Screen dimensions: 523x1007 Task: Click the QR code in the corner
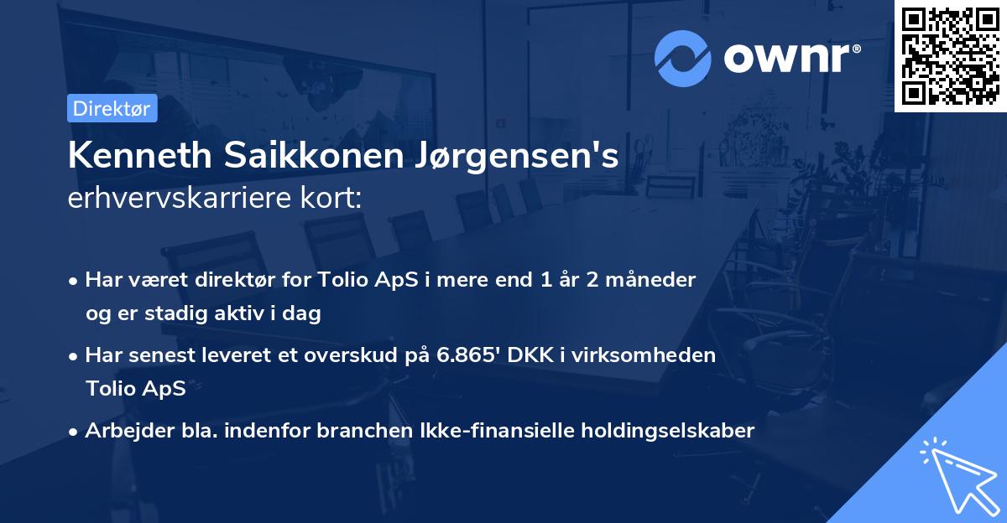click(x=950, y=56)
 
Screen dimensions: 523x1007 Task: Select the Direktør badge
click(x=112, y=108)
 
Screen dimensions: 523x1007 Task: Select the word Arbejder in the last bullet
click(x=123, y=431)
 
